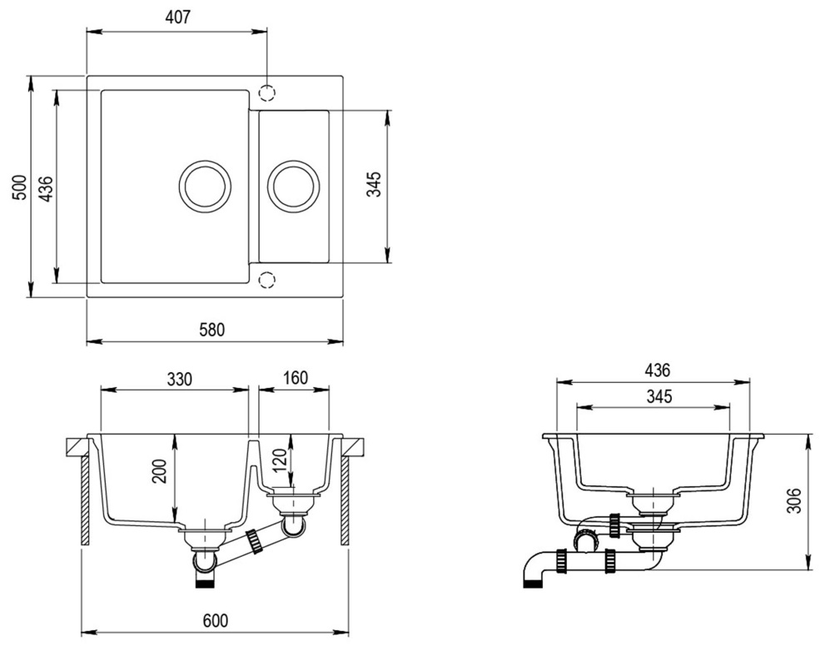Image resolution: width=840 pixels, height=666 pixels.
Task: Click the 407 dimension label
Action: coord(177,17)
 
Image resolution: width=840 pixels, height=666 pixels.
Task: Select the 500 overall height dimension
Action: coord(19,187)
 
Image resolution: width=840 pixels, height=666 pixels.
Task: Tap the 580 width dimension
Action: coord(212,329)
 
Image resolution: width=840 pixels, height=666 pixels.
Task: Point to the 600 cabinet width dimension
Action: coord(216,620)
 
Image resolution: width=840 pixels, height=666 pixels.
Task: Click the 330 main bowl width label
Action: coord(179,379)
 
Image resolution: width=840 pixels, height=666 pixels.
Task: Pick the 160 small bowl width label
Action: coord(296,378)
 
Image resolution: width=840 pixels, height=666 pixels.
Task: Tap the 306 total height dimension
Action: coord(794,500)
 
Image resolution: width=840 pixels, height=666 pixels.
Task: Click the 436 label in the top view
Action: coord(47,188)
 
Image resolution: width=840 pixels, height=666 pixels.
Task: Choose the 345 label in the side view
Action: coord(659,396)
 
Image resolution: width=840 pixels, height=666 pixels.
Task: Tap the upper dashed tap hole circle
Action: coord(266,93)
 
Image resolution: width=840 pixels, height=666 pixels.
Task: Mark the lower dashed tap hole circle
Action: coord(266,280)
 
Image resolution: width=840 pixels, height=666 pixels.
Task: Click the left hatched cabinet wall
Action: coord(85,501)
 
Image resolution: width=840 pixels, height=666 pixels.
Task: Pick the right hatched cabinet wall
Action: coord(345,501)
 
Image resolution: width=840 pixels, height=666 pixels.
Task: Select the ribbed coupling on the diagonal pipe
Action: coord(253,541)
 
